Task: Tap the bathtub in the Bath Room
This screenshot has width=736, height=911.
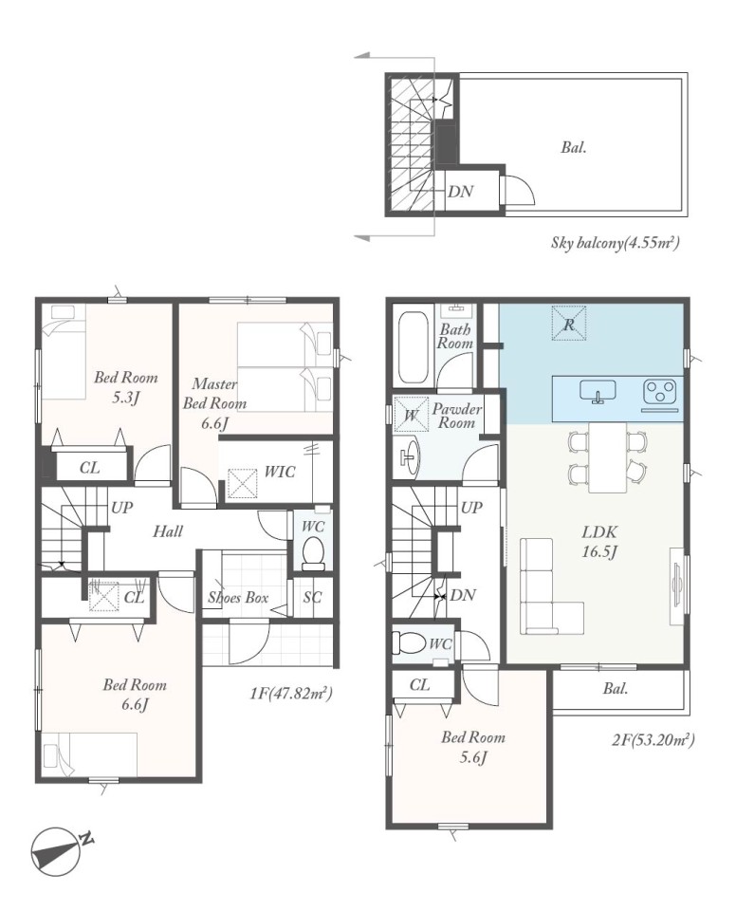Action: click(414, 347)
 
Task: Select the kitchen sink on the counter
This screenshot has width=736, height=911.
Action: click(598, 391)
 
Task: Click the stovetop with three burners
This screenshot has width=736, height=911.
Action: click(660, 389)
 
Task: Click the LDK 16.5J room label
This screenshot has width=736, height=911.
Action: click(598, 541)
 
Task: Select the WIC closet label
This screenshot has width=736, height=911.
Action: click(280, 472)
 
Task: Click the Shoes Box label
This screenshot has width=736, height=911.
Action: click(238, 597)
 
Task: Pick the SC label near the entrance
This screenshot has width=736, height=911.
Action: click(312, 597)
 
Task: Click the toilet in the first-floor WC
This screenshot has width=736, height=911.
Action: click(314, 553)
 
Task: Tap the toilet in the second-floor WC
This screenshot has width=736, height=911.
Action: click(410, 643)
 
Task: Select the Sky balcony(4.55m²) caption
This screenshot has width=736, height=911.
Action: click(616, 242)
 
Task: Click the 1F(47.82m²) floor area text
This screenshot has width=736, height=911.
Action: click(291, 693)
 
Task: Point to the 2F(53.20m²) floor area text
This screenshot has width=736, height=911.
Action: click(653, 739)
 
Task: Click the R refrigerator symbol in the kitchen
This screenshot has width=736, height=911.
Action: click(569, 325)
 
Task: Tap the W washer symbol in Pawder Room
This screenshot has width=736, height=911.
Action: click(412, 415)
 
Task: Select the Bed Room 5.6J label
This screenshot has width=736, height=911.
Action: click(473, 747)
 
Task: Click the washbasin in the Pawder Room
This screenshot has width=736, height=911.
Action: click(410, 457)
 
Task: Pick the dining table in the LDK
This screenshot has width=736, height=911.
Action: click(608, 457)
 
